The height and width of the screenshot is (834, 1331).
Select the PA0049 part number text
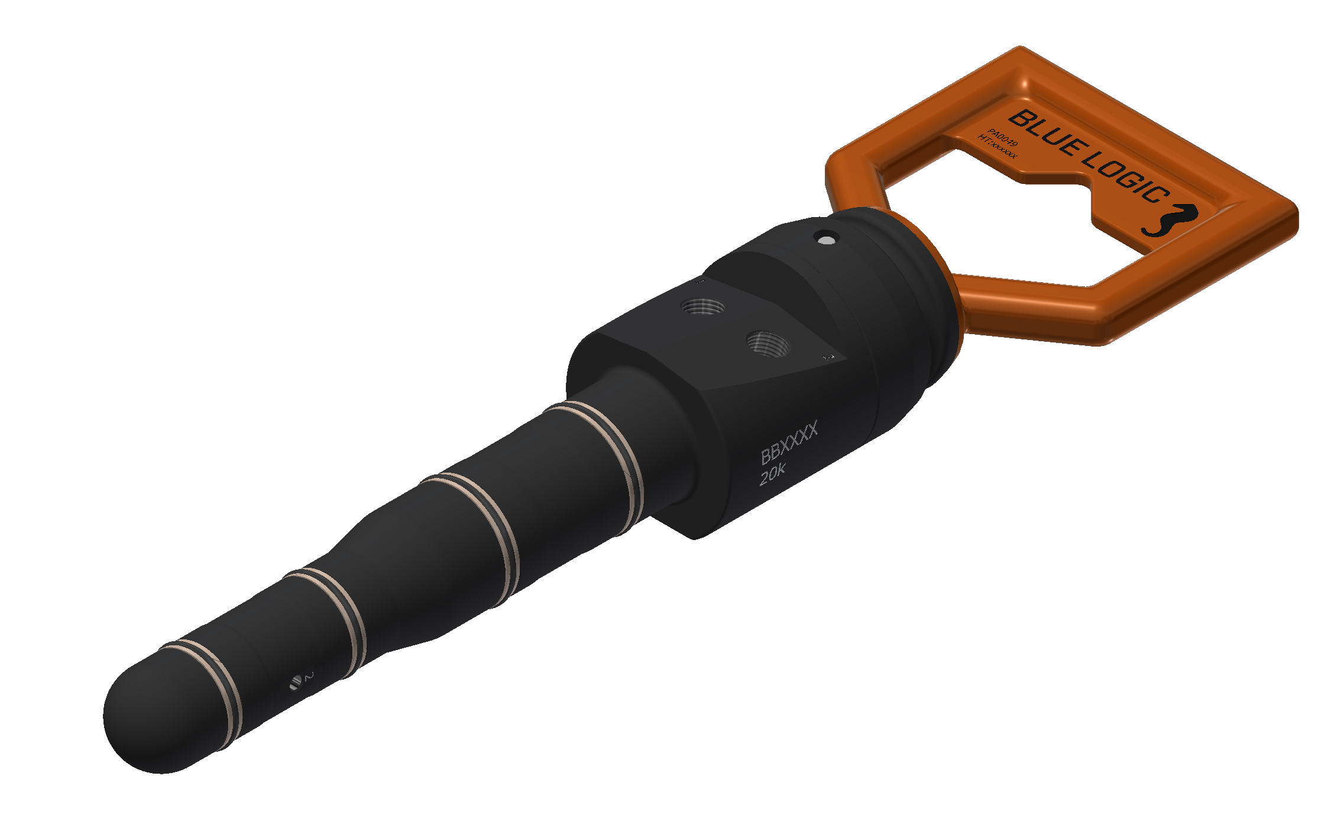(x=1003, y=138)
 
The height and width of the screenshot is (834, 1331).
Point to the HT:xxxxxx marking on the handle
(x=998, y=147)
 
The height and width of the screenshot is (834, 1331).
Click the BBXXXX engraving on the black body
(x=789, y=442)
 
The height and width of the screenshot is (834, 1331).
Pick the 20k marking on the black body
(x=772, y=474)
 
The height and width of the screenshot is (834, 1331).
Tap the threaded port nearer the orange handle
(x=767, y=343)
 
